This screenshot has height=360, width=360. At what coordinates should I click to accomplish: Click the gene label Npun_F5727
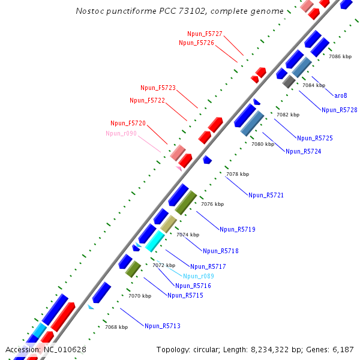205,34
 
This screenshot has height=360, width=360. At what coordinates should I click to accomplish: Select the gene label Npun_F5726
196,43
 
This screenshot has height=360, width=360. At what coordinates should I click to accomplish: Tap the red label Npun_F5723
158,88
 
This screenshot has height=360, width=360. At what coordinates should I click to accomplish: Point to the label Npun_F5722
147,100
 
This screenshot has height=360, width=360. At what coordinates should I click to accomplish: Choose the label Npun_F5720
128,123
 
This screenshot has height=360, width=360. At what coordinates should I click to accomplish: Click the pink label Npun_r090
121,133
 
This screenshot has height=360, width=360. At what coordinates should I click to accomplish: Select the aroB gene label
341,95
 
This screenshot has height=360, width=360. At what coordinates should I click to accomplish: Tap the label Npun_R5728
339,110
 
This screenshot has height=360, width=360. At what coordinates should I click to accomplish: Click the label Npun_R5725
314,138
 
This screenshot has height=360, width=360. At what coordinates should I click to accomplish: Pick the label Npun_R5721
266,195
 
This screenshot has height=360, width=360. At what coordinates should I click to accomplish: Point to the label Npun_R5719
238,229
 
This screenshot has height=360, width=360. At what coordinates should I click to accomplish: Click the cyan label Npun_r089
199,276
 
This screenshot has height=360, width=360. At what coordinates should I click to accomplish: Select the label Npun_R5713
162,326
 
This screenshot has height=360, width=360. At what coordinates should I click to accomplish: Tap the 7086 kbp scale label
340,56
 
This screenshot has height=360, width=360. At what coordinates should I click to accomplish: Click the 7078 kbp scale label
237,174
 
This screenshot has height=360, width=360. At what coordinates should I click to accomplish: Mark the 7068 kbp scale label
116,327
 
